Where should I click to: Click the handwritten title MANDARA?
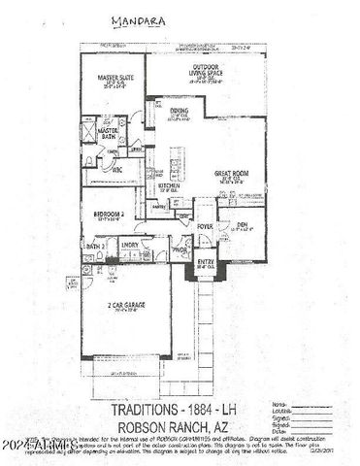[x=130, y=18]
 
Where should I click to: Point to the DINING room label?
[x=180, y=112]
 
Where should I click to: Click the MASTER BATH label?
[x=109, y=132]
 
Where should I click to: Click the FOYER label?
[x=205, y=226]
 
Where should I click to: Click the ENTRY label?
[x=206, y=261]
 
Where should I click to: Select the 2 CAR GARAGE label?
[x=128, y=306]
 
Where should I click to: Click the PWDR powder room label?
[x=180, y=250]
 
